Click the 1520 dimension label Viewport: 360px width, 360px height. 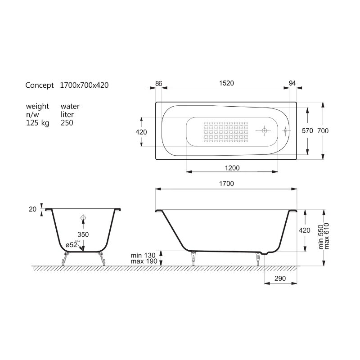click(x=226, y=83)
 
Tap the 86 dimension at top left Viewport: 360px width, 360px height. click(x=159, y=84)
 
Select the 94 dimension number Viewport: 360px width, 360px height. click(x=292, y=83)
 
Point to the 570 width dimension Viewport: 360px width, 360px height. click(x=307, y=130)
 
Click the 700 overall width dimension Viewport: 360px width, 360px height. click(x=323, y=130)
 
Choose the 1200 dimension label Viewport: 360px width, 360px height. click(x=232, y=168)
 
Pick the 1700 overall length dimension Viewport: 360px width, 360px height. click(x=226, y=184)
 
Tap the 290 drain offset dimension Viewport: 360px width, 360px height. click(x=280, y=279)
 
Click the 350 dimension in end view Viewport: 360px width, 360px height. click(x=83, y=234)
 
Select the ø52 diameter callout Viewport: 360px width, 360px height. click(x=72, y=245)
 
